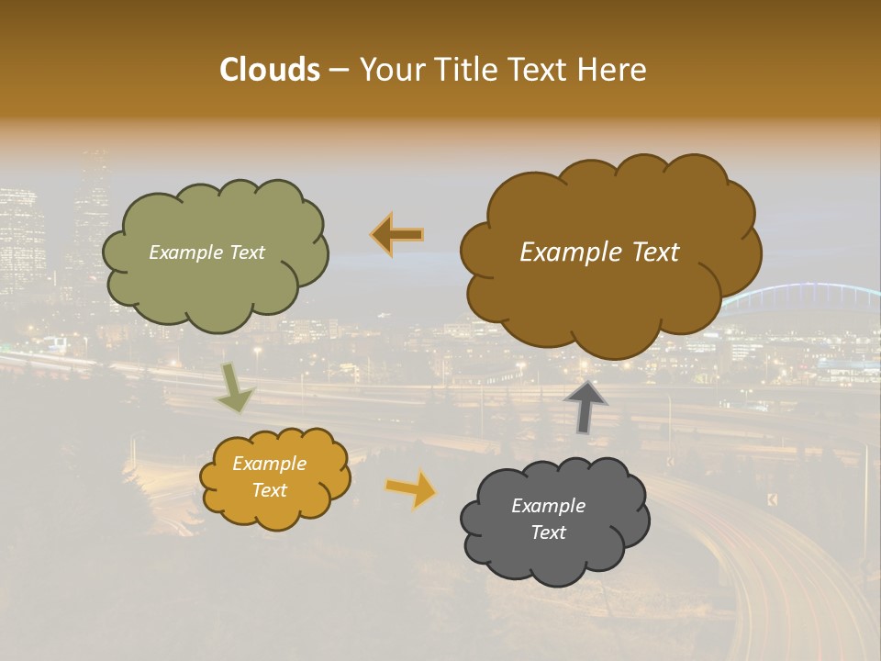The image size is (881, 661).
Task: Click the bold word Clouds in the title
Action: (269, 70)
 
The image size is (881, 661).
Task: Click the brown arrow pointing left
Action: (397, 234)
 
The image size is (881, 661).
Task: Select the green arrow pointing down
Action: (235, 388)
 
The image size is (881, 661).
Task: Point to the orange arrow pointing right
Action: (411, 488)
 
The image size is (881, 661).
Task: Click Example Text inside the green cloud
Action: (206, 252)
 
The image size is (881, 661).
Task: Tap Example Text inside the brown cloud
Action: (599, 252)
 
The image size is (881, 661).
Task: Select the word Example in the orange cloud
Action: (269, 464)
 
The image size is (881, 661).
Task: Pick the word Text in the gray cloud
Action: (548, 532)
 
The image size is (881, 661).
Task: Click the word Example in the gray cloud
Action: (548, 506)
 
